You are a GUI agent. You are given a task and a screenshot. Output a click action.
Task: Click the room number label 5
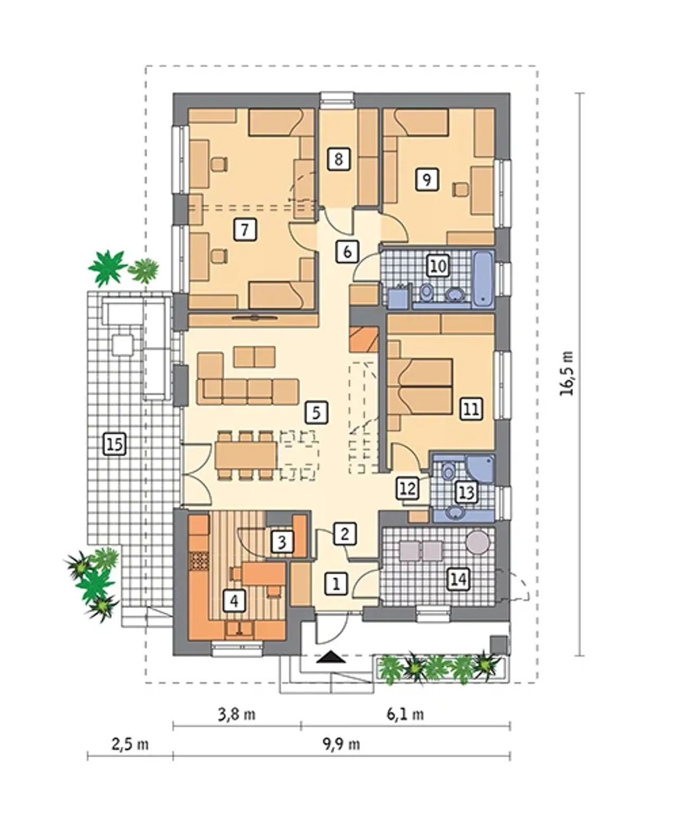[x=316, y=413]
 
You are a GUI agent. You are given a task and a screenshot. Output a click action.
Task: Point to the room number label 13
[x=467, y=493]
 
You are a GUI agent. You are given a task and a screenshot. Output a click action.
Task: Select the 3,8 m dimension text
[x=237, y=714]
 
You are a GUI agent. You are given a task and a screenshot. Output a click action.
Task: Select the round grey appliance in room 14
[x=477, y=542]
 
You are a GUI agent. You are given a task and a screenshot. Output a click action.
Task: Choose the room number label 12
[x=408, y=488]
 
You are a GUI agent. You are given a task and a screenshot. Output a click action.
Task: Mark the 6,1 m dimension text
[x=406, y=714]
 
